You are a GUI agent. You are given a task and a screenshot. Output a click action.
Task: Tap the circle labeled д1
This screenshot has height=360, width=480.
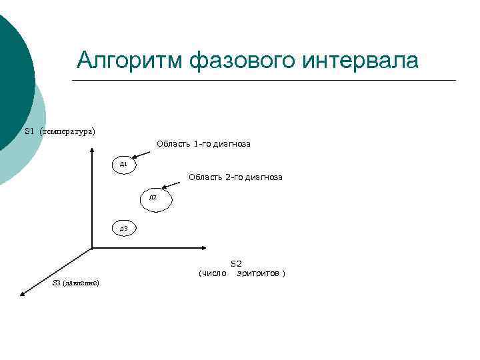124,163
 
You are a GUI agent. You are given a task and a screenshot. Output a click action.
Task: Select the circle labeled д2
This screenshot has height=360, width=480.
155,199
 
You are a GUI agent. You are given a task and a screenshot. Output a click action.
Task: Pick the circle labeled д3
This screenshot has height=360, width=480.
124,229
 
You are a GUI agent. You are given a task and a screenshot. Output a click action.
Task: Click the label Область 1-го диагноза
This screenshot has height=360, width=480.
203,143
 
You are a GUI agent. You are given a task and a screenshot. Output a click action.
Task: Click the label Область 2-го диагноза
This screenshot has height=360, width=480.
235,177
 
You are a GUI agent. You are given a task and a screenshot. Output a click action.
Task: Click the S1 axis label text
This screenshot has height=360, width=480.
29,131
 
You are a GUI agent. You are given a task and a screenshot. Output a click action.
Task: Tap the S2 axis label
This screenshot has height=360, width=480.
236,264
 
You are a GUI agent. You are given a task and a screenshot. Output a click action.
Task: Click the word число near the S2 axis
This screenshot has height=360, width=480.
212,273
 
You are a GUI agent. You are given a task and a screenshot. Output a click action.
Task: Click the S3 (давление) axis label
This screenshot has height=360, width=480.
75,283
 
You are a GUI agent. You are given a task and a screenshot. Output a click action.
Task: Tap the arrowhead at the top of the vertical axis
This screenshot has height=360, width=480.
91,149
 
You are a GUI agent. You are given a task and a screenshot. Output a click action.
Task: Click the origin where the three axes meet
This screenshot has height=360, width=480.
91,249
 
